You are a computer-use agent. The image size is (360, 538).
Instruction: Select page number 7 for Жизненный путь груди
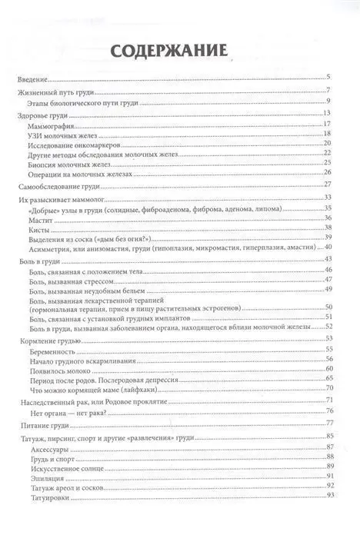328,93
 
